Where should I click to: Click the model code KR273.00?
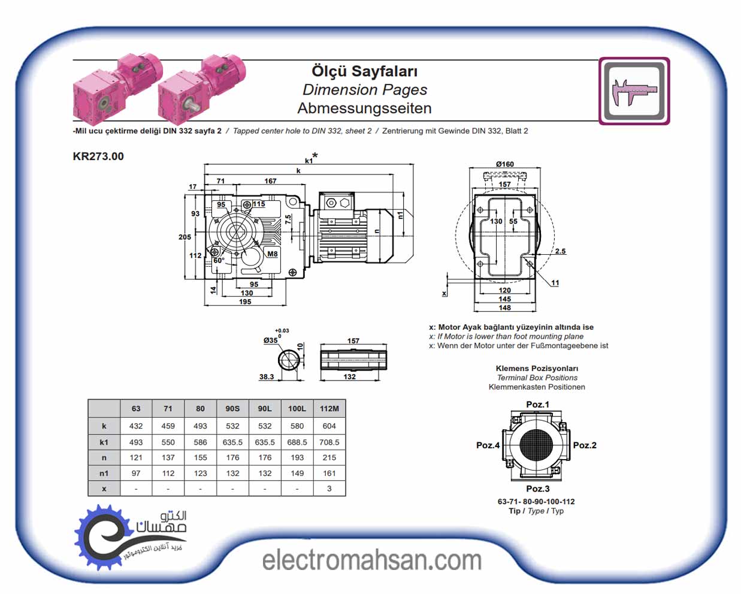pos(98,156)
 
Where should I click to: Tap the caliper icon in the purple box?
pos(634,91)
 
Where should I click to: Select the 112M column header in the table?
pos(329,409)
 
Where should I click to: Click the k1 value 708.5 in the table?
pos(329,442)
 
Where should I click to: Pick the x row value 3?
pos(329,489)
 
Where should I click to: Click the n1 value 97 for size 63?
pos(136,473)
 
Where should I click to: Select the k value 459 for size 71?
pos(168,426)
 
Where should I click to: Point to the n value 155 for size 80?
pos(200,457)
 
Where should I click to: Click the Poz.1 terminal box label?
pos(537,405)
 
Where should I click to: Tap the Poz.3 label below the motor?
pos(537,489)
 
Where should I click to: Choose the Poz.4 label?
pos(488,445)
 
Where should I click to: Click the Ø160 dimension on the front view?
pos(504,164)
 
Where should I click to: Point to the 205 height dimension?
pos(185,237)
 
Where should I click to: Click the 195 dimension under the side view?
pos(245,301)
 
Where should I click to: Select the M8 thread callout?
pos(272,254)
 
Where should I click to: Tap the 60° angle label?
pos(219,261)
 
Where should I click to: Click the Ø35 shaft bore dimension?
pos(271,340)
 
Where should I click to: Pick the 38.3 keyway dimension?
pos(267,377)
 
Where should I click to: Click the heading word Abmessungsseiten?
pos(364,108)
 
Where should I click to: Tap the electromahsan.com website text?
pos(371,560)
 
